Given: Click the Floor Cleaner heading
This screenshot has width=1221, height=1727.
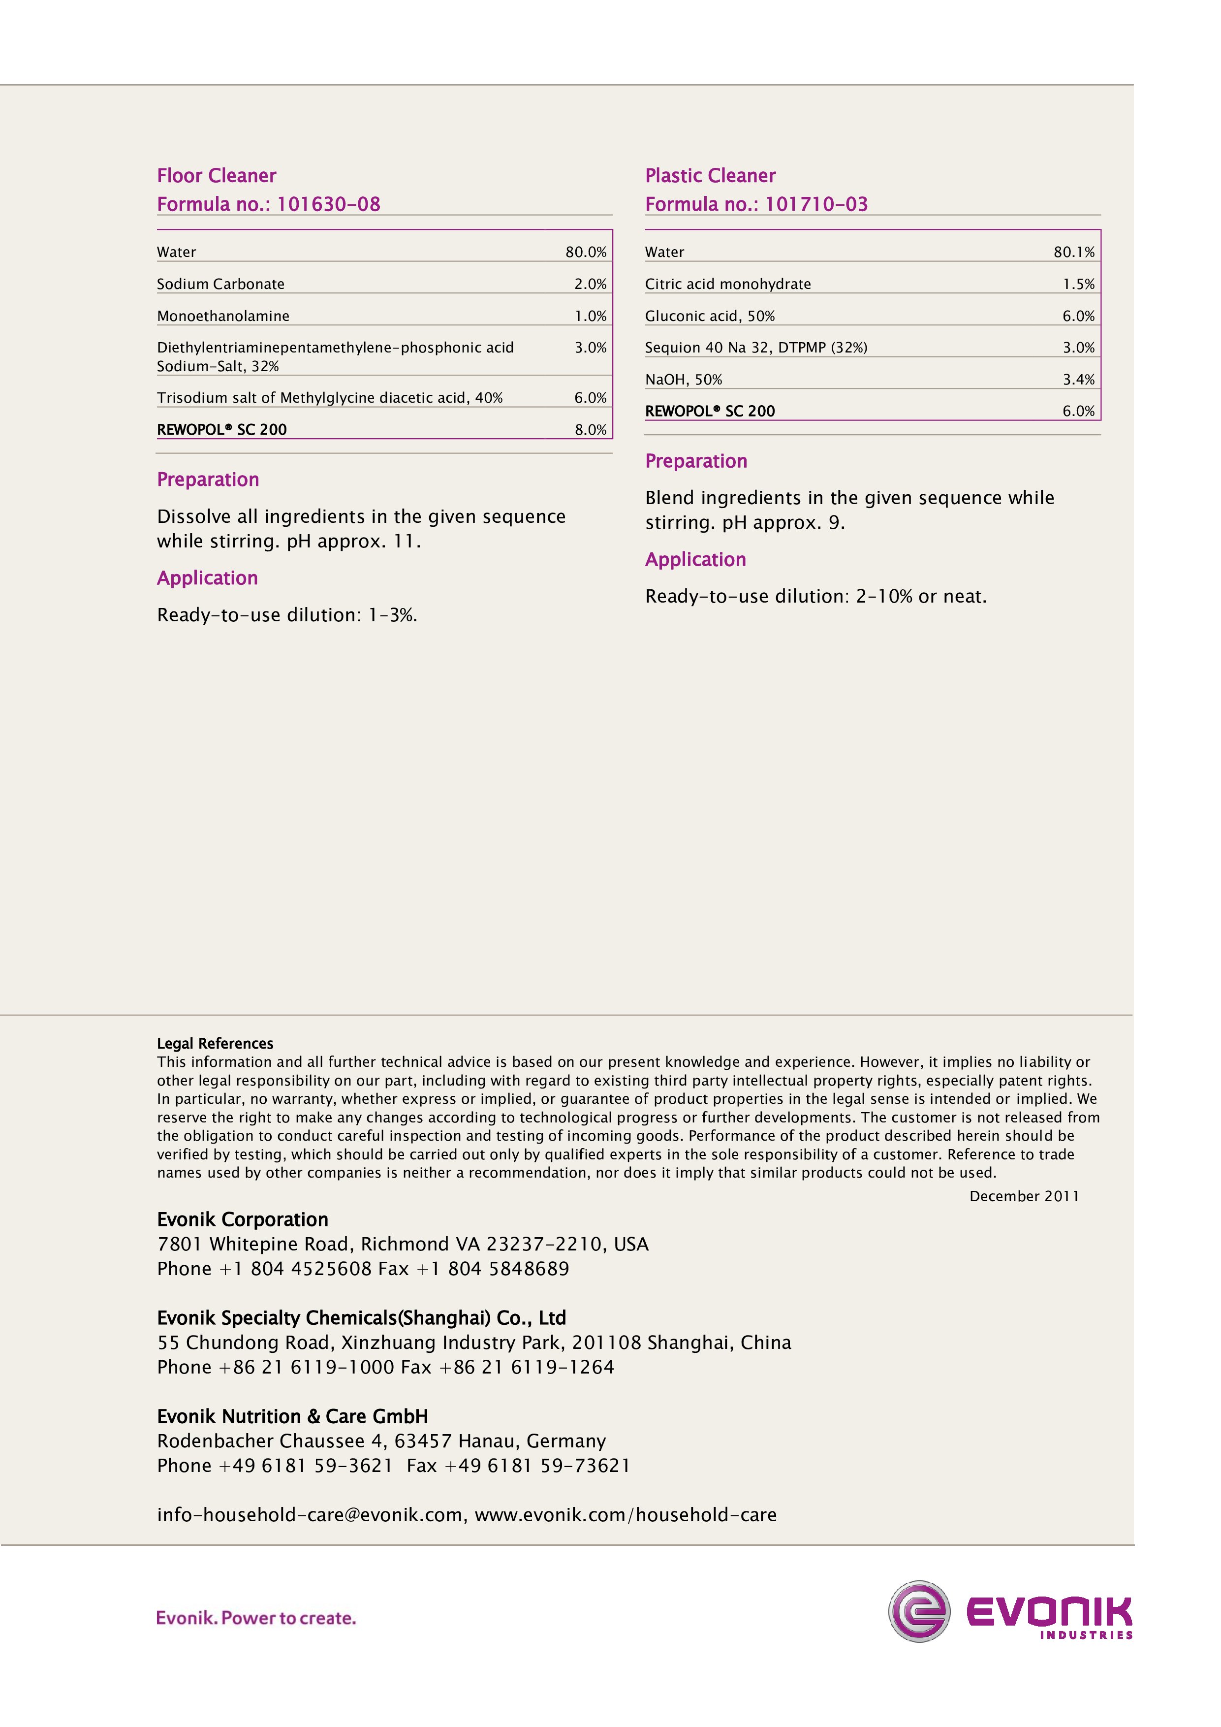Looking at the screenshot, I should tap(217, 176).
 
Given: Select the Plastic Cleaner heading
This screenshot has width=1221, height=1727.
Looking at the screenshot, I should tap(710, 176).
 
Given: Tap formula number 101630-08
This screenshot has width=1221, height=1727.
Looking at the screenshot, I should tap(329, 205).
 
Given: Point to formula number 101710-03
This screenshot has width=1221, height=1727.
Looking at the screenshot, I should tap(816, 205).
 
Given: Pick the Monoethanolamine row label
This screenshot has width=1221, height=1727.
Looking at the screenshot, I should tap(223, 316).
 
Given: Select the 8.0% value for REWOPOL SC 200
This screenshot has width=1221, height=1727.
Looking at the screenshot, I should tap(590, 429).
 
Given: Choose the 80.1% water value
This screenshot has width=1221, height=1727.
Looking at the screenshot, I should tap(1074, 252).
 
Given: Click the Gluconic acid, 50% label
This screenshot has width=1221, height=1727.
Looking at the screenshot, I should tap(710, 316).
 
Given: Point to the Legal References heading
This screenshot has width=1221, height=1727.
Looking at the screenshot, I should tap(215, 1043).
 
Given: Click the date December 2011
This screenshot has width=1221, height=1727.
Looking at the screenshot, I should tap(1024, 1196).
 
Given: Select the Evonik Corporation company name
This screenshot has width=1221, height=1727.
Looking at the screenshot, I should tap(243, 1219).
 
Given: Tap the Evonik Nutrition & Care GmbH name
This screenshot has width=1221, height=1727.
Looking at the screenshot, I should tap(292, 1416).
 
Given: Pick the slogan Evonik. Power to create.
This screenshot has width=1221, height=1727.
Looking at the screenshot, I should tap(255, 1618).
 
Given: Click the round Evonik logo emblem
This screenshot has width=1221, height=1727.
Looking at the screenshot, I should tap(919, 1610).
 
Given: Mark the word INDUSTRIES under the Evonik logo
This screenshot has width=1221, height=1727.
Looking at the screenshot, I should tap(1086, 1634).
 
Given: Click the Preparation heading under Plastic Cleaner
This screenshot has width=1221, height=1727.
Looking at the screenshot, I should tap(696, 461).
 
